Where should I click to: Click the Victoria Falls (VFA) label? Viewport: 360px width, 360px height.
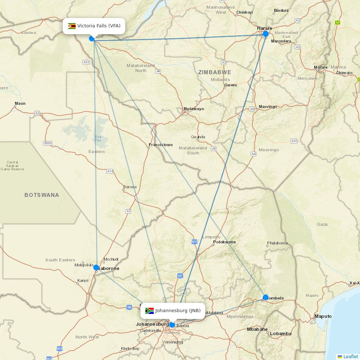point(99,26)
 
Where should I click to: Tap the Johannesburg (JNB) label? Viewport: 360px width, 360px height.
point(178,311)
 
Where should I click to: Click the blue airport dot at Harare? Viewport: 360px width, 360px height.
point(266,34)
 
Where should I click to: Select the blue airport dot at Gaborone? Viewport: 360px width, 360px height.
point(96,267)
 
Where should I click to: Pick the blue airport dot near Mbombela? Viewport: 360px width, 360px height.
point(266,297)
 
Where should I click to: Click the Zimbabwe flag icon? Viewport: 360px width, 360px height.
point(72,26)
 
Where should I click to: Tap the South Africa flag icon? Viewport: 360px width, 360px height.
point(149,311)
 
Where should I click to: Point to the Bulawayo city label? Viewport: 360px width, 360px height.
point(194,109)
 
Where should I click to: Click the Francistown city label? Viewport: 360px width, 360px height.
point(161,145)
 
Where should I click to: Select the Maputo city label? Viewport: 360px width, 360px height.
point(323,316)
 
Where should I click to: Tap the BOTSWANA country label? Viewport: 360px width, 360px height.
point(42,195)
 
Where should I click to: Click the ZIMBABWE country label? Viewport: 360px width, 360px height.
point(215,72)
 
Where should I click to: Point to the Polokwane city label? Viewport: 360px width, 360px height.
point(224,242)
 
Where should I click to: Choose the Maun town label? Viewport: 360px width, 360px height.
point(20,104)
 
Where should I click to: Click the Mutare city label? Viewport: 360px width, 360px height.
point(321,67)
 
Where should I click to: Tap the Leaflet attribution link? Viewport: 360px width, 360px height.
point(350,356)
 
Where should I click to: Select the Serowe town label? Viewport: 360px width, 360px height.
point(130,187)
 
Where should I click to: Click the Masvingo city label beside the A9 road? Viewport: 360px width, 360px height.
point(268,107)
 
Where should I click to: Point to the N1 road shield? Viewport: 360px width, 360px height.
point(180,276)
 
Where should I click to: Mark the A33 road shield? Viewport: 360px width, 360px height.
point(86,62)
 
